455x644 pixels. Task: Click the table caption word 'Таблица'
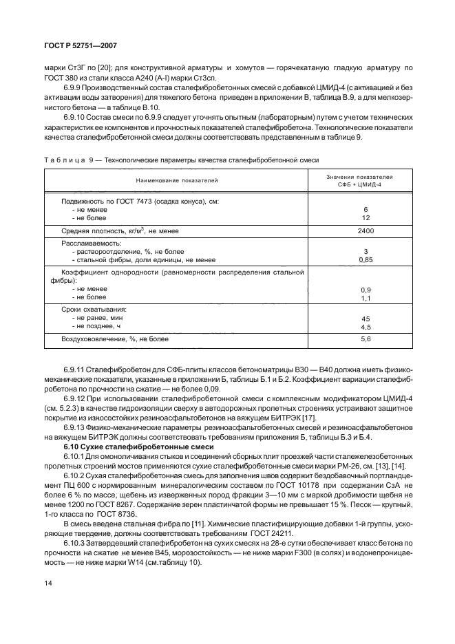(63, 160)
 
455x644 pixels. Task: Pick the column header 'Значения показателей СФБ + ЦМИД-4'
(366, 180)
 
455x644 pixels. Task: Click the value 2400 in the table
(366, 232)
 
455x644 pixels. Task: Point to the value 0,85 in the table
(366, 260)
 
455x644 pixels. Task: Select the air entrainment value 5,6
(366, 339)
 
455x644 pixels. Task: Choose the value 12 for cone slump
(366, 217)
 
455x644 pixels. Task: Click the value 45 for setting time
(366, 318)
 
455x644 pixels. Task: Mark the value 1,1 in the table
(366, 298)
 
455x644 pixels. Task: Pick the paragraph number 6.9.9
(74, 88)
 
